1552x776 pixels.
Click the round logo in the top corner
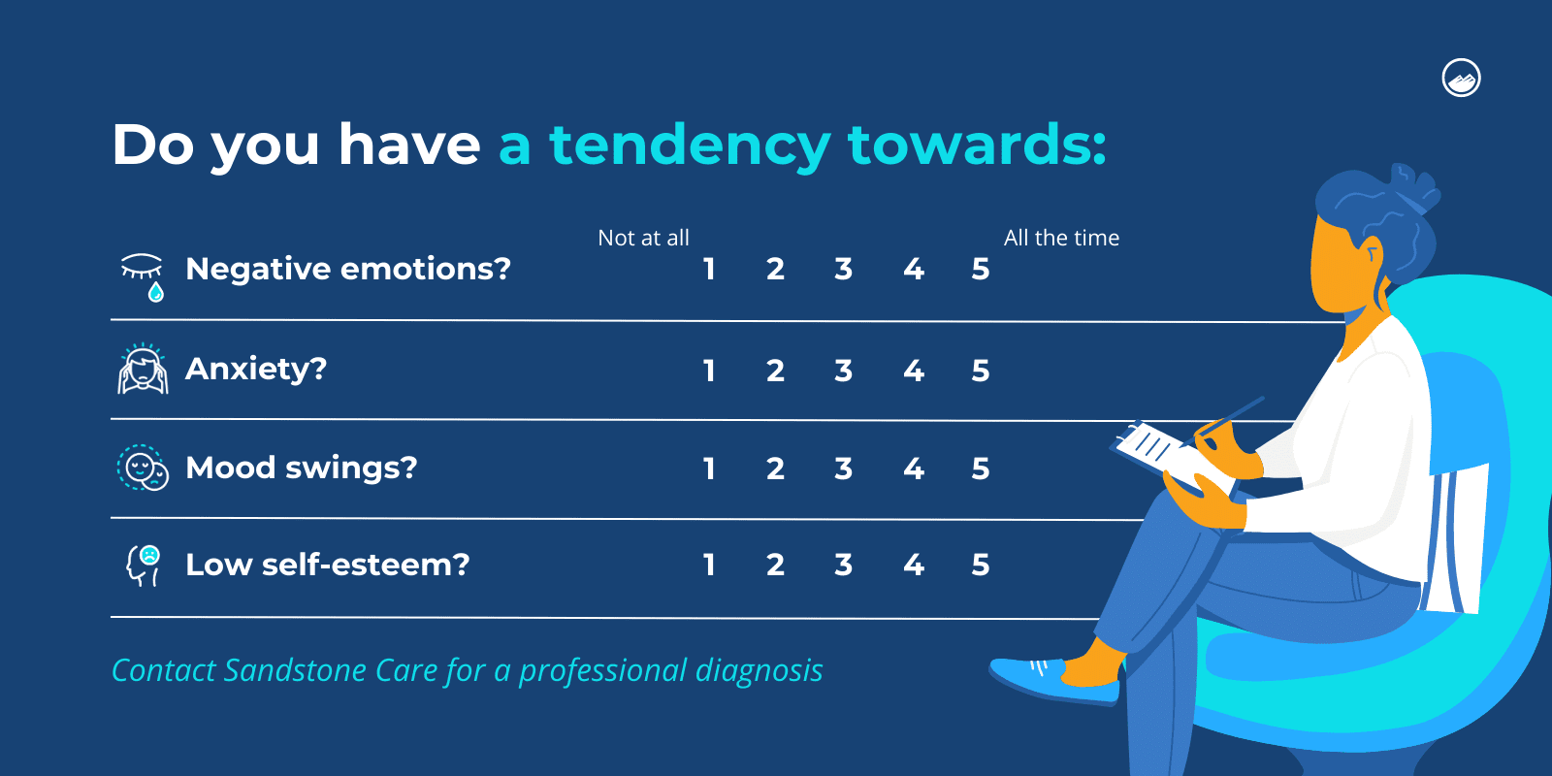click(1461, 78)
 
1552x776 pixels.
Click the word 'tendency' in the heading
click(690, 145)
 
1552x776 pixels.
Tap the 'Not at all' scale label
click(643, 238)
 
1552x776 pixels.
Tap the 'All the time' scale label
click(1061, 238)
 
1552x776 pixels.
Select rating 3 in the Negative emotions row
click(843, 269)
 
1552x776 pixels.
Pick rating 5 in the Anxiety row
click(980, 371)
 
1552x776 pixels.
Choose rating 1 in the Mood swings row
click(709, 469)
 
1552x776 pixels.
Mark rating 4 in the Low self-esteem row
click(913, 565)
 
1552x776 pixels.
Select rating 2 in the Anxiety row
click(775, 371)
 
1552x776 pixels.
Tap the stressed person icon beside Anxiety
click(143, 370)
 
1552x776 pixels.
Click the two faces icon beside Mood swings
click(143, 468)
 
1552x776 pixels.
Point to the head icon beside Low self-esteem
click(143, 565)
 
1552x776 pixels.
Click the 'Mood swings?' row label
click(301, 469)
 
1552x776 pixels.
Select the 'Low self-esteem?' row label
click(327, 565)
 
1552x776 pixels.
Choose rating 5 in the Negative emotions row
click(980, 269)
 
